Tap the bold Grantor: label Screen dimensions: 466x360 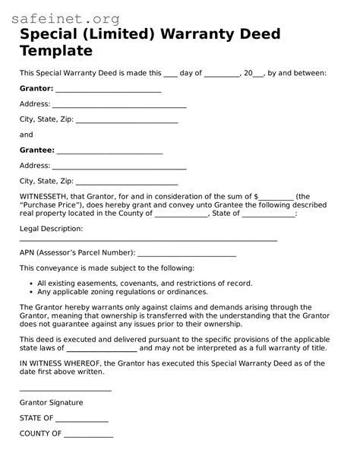tap(36, 88)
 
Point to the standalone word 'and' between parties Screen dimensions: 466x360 tap(27, 135)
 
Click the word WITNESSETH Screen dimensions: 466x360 tap(49, 196)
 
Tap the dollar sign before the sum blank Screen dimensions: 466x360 tap(256, 196)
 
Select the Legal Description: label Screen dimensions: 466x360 tap(51, 228)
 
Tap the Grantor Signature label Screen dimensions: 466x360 tap(52, 403)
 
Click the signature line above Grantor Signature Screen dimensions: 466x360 tap(65, 390)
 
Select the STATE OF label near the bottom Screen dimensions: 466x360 tap(36, 418)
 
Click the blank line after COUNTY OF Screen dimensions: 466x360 tap(88, 436)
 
